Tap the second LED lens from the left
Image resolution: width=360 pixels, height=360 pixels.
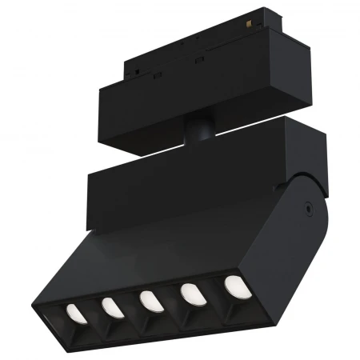(x=110, y=307)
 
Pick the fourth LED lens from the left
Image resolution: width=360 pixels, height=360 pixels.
(x=193, y=294)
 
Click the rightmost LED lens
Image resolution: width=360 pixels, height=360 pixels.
(x=234, y=286)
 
